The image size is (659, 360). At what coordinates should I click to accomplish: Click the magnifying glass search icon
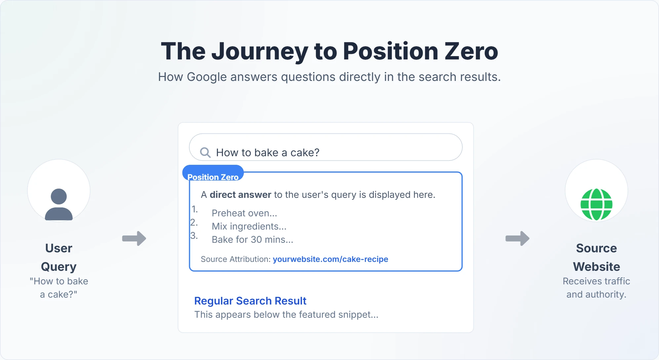[x=205, y=152]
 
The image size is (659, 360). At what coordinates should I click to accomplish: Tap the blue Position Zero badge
[x=213, y=174]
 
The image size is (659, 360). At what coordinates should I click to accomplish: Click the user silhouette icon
[x=59, y=204]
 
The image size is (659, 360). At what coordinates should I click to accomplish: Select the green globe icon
[x=596, y=204]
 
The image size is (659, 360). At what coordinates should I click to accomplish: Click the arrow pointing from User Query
[x=134, y=238]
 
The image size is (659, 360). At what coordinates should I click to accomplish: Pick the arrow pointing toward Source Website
[x=518, y=238]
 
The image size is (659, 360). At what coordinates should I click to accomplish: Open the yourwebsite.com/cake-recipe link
[x=330, y=259]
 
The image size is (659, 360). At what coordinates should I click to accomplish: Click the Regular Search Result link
[x=250, y=301]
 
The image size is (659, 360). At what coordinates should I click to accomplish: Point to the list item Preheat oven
[x=244, y=213]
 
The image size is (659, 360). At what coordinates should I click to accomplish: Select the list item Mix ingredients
[x=249, y=227]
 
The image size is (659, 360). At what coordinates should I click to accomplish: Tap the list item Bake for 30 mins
[x=252, y=240]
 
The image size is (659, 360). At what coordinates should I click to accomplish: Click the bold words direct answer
[x=240, y=195]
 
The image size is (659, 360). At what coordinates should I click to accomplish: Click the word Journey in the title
[x=259, y=52]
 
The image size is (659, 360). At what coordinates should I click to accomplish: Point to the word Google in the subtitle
[x=207, y=77]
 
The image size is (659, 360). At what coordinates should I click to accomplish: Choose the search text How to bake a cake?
[x=268, y=153]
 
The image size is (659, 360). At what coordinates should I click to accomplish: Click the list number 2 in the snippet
[x=194, y=223]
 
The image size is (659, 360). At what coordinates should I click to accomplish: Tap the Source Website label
[x=596, y=257]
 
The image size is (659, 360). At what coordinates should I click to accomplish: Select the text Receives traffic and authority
[x=596, y=288]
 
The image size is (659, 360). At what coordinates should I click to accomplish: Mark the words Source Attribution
[x=235, y=259]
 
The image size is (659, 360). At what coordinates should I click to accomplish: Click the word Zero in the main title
[x=471, y=52]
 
